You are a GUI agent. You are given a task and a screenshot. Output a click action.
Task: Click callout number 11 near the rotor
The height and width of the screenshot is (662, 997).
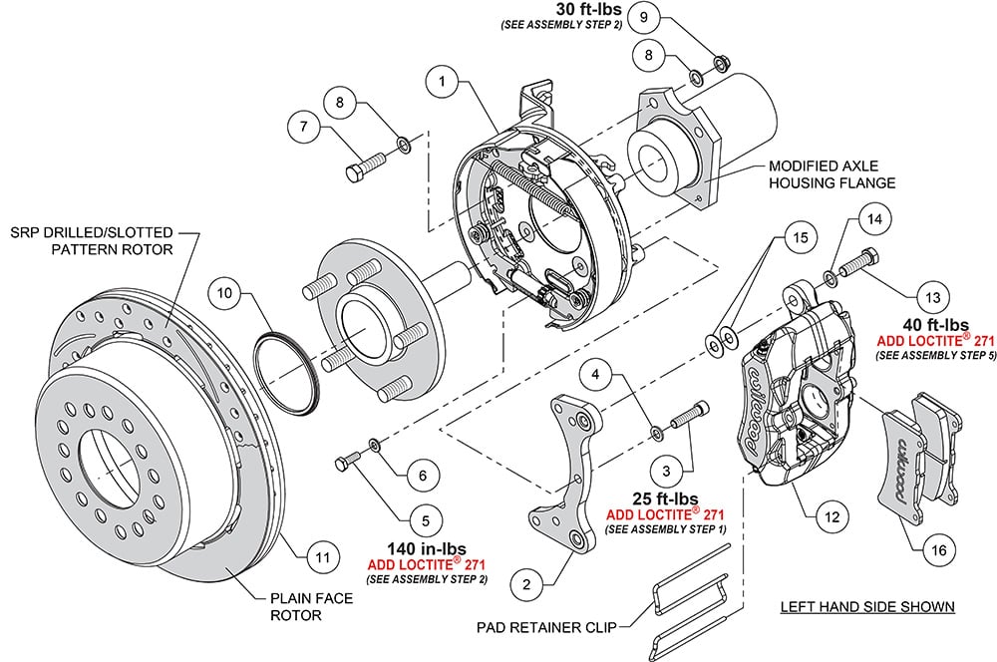pos(318,557)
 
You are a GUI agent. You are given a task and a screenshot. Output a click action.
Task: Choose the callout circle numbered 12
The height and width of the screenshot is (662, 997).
pos(831,516)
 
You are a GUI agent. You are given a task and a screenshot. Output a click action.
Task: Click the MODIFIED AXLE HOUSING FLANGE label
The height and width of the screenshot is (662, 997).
pos(818,174)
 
